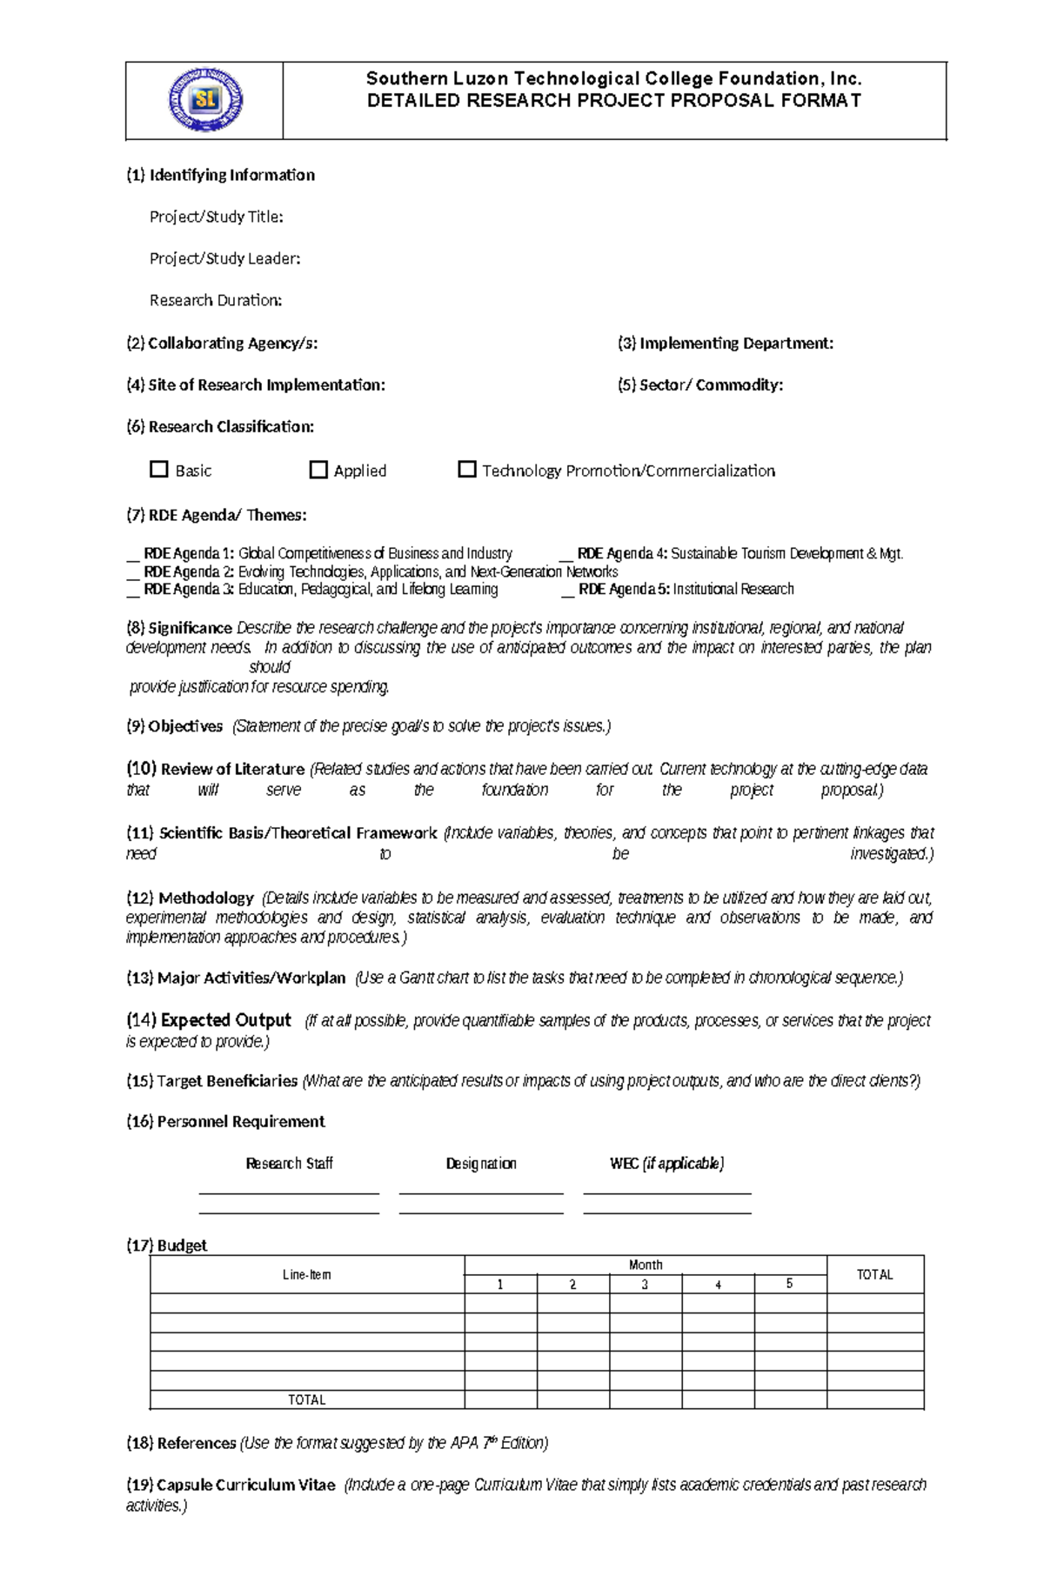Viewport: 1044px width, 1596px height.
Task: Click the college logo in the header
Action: pos(205,100)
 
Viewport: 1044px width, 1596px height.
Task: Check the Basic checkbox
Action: pos(158,470)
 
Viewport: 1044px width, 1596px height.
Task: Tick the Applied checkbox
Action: pos(318,470)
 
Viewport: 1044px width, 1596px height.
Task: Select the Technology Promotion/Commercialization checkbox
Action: pos(467,470)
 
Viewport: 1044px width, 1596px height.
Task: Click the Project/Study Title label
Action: pos(216,217)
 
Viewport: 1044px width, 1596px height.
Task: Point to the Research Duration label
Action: pos(216,300)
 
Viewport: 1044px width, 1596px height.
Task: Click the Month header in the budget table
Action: pos(645,1265)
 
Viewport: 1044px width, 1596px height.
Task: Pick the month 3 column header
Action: pos(645,1284)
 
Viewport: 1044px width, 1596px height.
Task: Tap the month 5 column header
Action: pos(789,1284)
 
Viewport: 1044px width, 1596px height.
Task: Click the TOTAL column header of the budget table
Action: pos(874,1274)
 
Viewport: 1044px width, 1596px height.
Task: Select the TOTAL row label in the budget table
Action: pos(306,1399)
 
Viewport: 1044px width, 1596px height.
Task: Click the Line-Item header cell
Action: pos(306,1274)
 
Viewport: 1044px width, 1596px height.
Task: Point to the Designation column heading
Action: pos(480,1164)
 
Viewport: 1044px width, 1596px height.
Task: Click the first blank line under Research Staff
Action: pos(289,1193)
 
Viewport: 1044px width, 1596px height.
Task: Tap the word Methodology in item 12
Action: pos(206,898)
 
